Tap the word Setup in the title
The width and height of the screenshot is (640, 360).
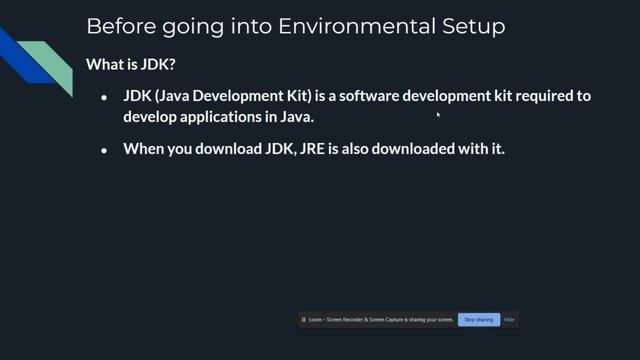pos(469,25)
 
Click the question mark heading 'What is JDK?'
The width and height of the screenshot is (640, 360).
pos(131,65)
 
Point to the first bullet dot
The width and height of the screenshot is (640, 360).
pos(104,98)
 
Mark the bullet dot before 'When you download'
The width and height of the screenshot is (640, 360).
pos(104,150)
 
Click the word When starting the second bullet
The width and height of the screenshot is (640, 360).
pos(145,149)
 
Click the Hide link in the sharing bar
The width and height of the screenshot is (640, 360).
pos(509,320)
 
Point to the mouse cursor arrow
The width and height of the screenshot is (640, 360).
pos(438,115)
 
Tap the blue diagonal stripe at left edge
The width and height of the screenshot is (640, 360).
pos(20,55)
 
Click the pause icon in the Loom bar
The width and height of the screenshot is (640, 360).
pos(303,320)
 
